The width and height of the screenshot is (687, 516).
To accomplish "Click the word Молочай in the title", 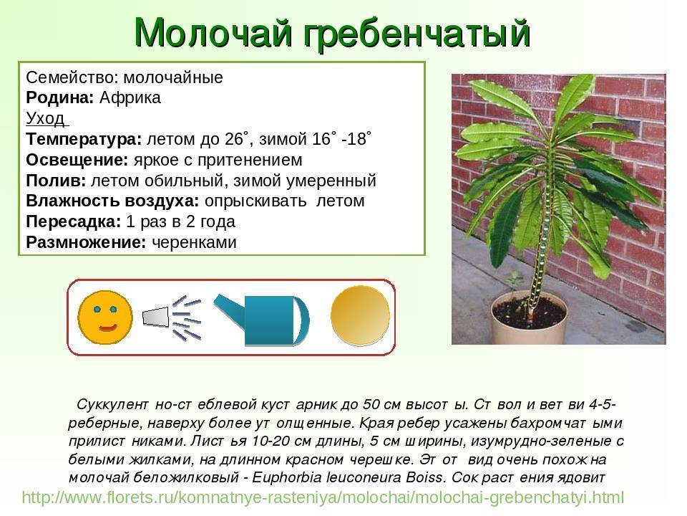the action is pos(213,33).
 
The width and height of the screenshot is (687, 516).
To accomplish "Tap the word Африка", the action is pos(130,98).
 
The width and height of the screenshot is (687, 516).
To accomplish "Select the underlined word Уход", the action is pos(46,118).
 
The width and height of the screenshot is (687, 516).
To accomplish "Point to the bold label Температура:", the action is pos(84,139).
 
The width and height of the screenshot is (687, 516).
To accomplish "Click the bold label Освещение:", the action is pos(77,160).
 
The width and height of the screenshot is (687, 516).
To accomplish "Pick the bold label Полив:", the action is pos(56,181).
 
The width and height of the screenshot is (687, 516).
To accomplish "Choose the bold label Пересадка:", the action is pos(73,221).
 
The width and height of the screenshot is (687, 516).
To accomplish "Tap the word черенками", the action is pos(194,242).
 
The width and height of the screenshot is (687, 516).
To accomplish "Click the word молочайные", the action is pos(173,77).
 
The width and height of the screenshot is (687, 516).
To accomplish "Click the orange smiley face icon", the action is pos(105,317).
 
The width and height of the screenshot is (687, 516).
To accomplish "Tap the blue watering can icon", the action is pos(262,320).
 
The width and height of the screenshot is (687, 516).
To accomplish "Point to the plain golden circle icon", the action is pos(360,315).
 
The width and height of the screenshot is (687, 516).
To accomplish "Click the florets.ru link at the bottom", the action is pos(323,497).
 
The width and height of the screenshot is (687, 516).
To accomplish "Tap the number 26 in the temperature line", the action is pos(234,139).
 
